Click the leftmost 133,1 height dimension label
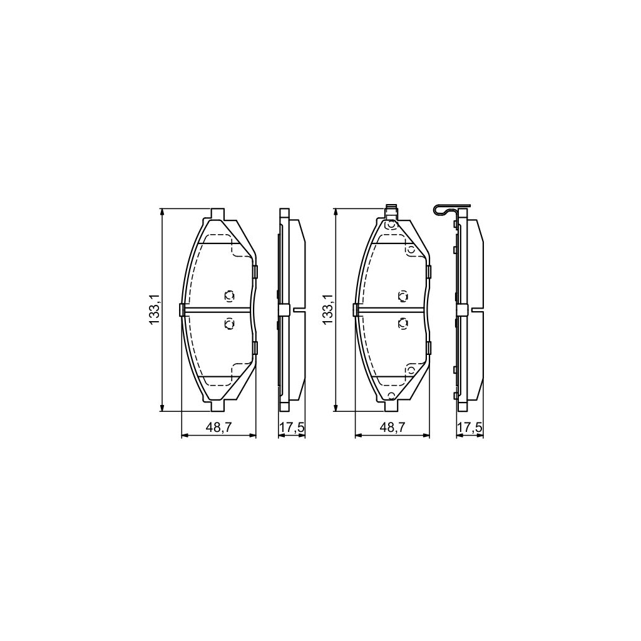coord(154,310)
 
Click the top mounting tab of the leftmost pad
coord(218,214)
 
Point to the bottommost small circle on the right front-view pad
coord(392,395)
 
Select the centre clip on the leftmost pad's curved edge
coord(182,309)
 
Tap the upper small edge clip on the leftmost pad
coord(255,271)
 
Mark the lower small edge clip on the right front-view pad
coord(429,348)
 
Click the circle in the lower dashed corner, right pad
coord(411,370)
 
